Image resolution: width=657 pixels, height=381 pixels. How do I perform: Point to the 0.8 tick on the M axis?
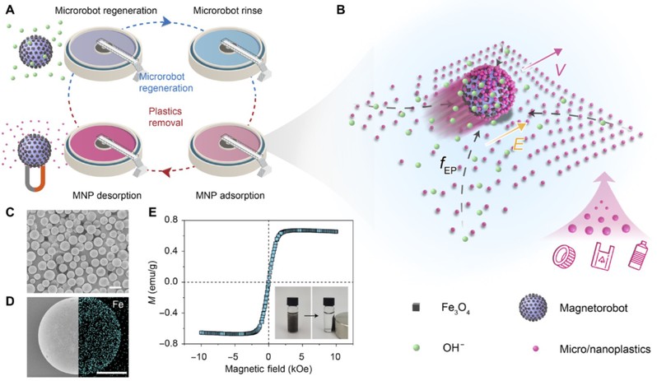click(186, 220)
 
